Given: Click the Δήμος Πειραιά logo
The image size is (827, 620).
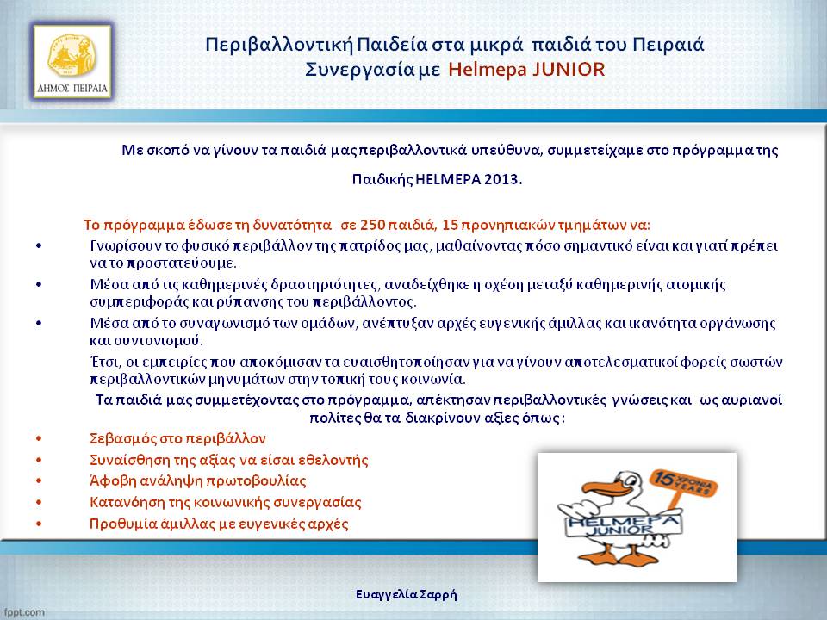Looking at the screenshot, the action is tap(72, 62).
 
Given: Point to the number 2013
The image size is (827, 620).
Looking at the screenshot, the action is tap(502, 179).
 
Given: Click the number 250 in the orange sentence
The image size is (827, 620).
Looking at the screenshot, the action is tap(372, 225).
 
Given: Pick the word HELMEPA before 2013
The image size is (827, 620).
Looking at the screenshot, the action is tap(448, 179).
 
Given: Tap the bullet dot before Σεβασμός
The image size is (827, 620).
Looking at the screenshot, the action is tap(39, 438).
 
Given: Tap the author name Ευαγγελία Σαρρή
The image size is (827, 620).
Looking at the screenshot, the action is tap(406, 595).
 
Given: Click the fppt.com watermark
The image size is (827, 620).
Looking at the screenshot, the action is tap(23, 612).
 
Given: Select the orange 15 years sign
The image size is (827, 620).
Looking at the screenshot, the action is tap(682, 483).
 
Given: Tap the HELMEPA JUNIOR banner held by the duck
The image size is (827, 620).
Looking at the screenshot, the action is tap(622, 524).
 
